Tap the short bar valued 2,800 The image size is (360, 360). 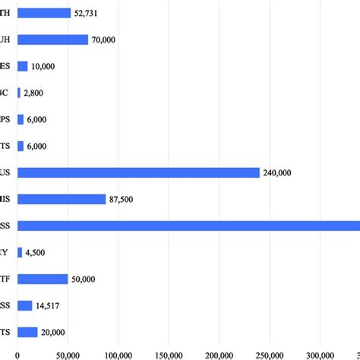point(19,93)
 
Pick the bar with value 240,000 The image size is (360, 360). point(137,172)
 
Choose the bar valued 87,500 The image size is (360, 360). point(61,199)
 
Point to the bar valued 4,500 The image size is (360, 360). point(20,252)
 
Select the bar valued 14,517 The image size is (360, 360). point(24,305)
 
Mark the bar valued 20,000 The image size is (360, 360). point(27,332)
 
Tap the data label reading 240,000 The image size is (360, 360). point(277,173)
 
